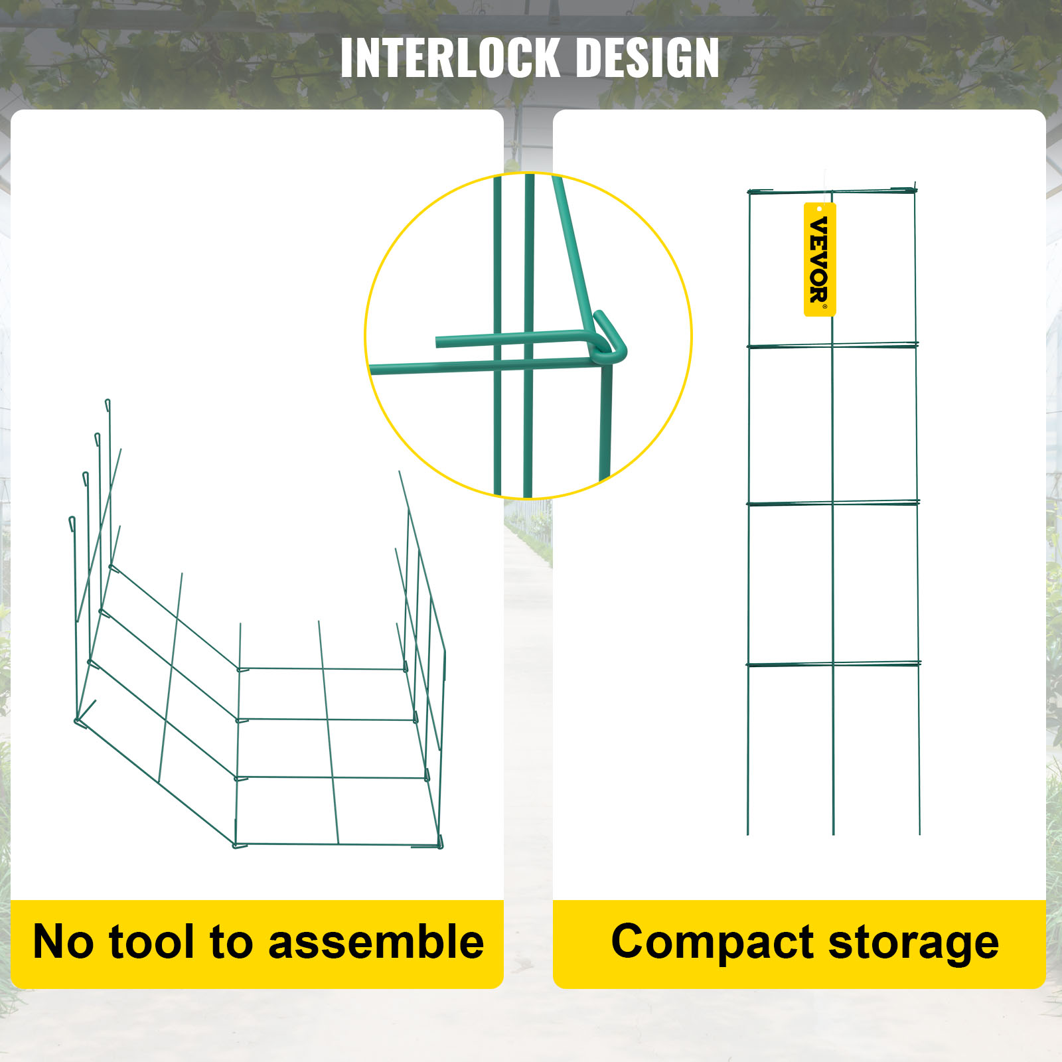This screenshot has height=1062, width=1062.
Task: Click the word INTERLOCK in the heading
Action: coord(450,58)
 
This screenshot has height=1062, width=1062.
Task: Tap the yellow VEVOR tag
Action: coord(820,260)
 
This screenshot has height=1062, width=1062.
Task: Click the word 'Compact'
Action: coord(712,943)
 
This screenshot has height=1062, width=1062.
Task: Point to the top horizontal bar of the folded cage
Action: coord(832,191)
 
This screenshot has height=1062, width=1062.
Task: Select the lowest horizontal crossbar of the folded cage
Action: coord(834,663)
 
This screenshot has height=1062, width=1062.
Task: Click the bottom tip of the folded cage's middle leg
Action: coord(834,834)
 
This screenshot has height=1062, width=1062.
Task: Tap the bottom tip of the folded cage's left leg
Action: coord(748,834)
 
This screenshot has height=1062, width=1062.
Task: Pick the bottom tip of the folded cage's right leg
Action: coord(919,834)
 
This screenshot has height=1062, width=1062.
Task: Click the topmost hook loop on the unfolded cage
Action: coord(108,406)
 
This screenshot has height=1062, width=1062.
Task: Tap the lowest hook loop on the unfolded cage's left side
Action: coord(72,523)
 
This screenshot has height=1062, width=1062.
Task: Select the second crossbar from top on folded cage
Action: coord(833,345)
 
